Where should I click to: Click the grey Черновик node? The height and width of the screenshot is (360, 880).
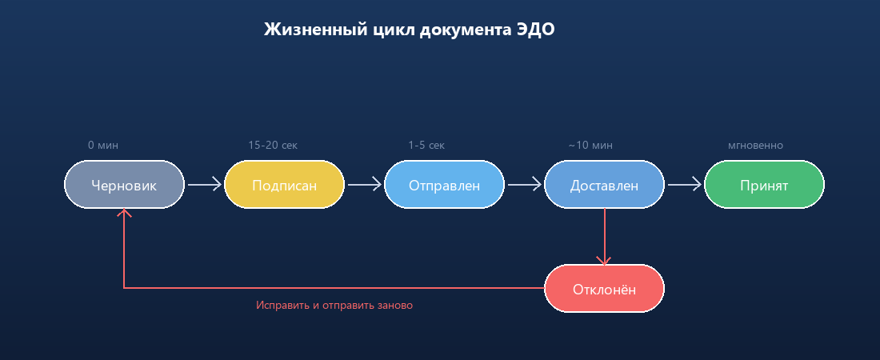124,185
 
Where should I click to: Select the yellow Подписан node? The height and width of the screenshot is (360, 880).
284,185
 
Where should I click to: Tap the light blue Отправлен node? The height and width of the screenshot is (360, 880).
444,185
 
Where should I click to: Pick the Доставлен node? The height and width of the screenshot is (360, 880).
604,185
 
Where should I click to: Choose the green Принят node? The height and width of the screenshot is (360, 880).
764,185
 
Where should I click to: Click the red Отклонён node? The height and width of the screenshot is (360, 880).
604,289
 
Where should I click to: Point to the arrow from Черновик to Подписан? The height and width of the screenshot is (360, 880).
204,185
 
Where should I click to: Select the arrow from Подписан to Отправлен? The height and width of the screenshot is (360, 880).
364,185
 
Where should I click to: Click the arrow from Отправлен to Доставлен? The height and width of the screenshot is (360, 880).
524,185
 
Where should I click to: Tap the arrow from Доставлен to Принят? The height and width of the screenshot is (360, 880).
684,185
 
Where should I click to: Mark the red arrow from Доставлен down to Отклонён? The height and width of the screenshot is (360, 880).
604,237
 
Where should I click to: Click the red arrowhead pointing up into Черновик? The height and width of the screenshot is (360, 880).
124,213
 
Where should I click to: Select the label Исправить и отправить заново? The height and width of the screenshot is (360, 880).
334,306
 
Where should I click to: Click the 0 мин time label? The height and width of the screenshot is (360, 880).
103,146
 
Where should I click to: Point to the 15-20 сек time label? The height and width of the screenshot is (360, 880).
273,146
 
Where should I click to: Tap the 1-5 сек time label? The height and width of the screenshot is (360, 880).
426,146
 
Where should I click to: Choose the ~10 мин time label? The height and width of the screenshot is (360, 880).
590,146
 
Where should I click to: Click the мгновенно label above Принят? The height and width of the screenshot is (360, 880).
755,146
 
